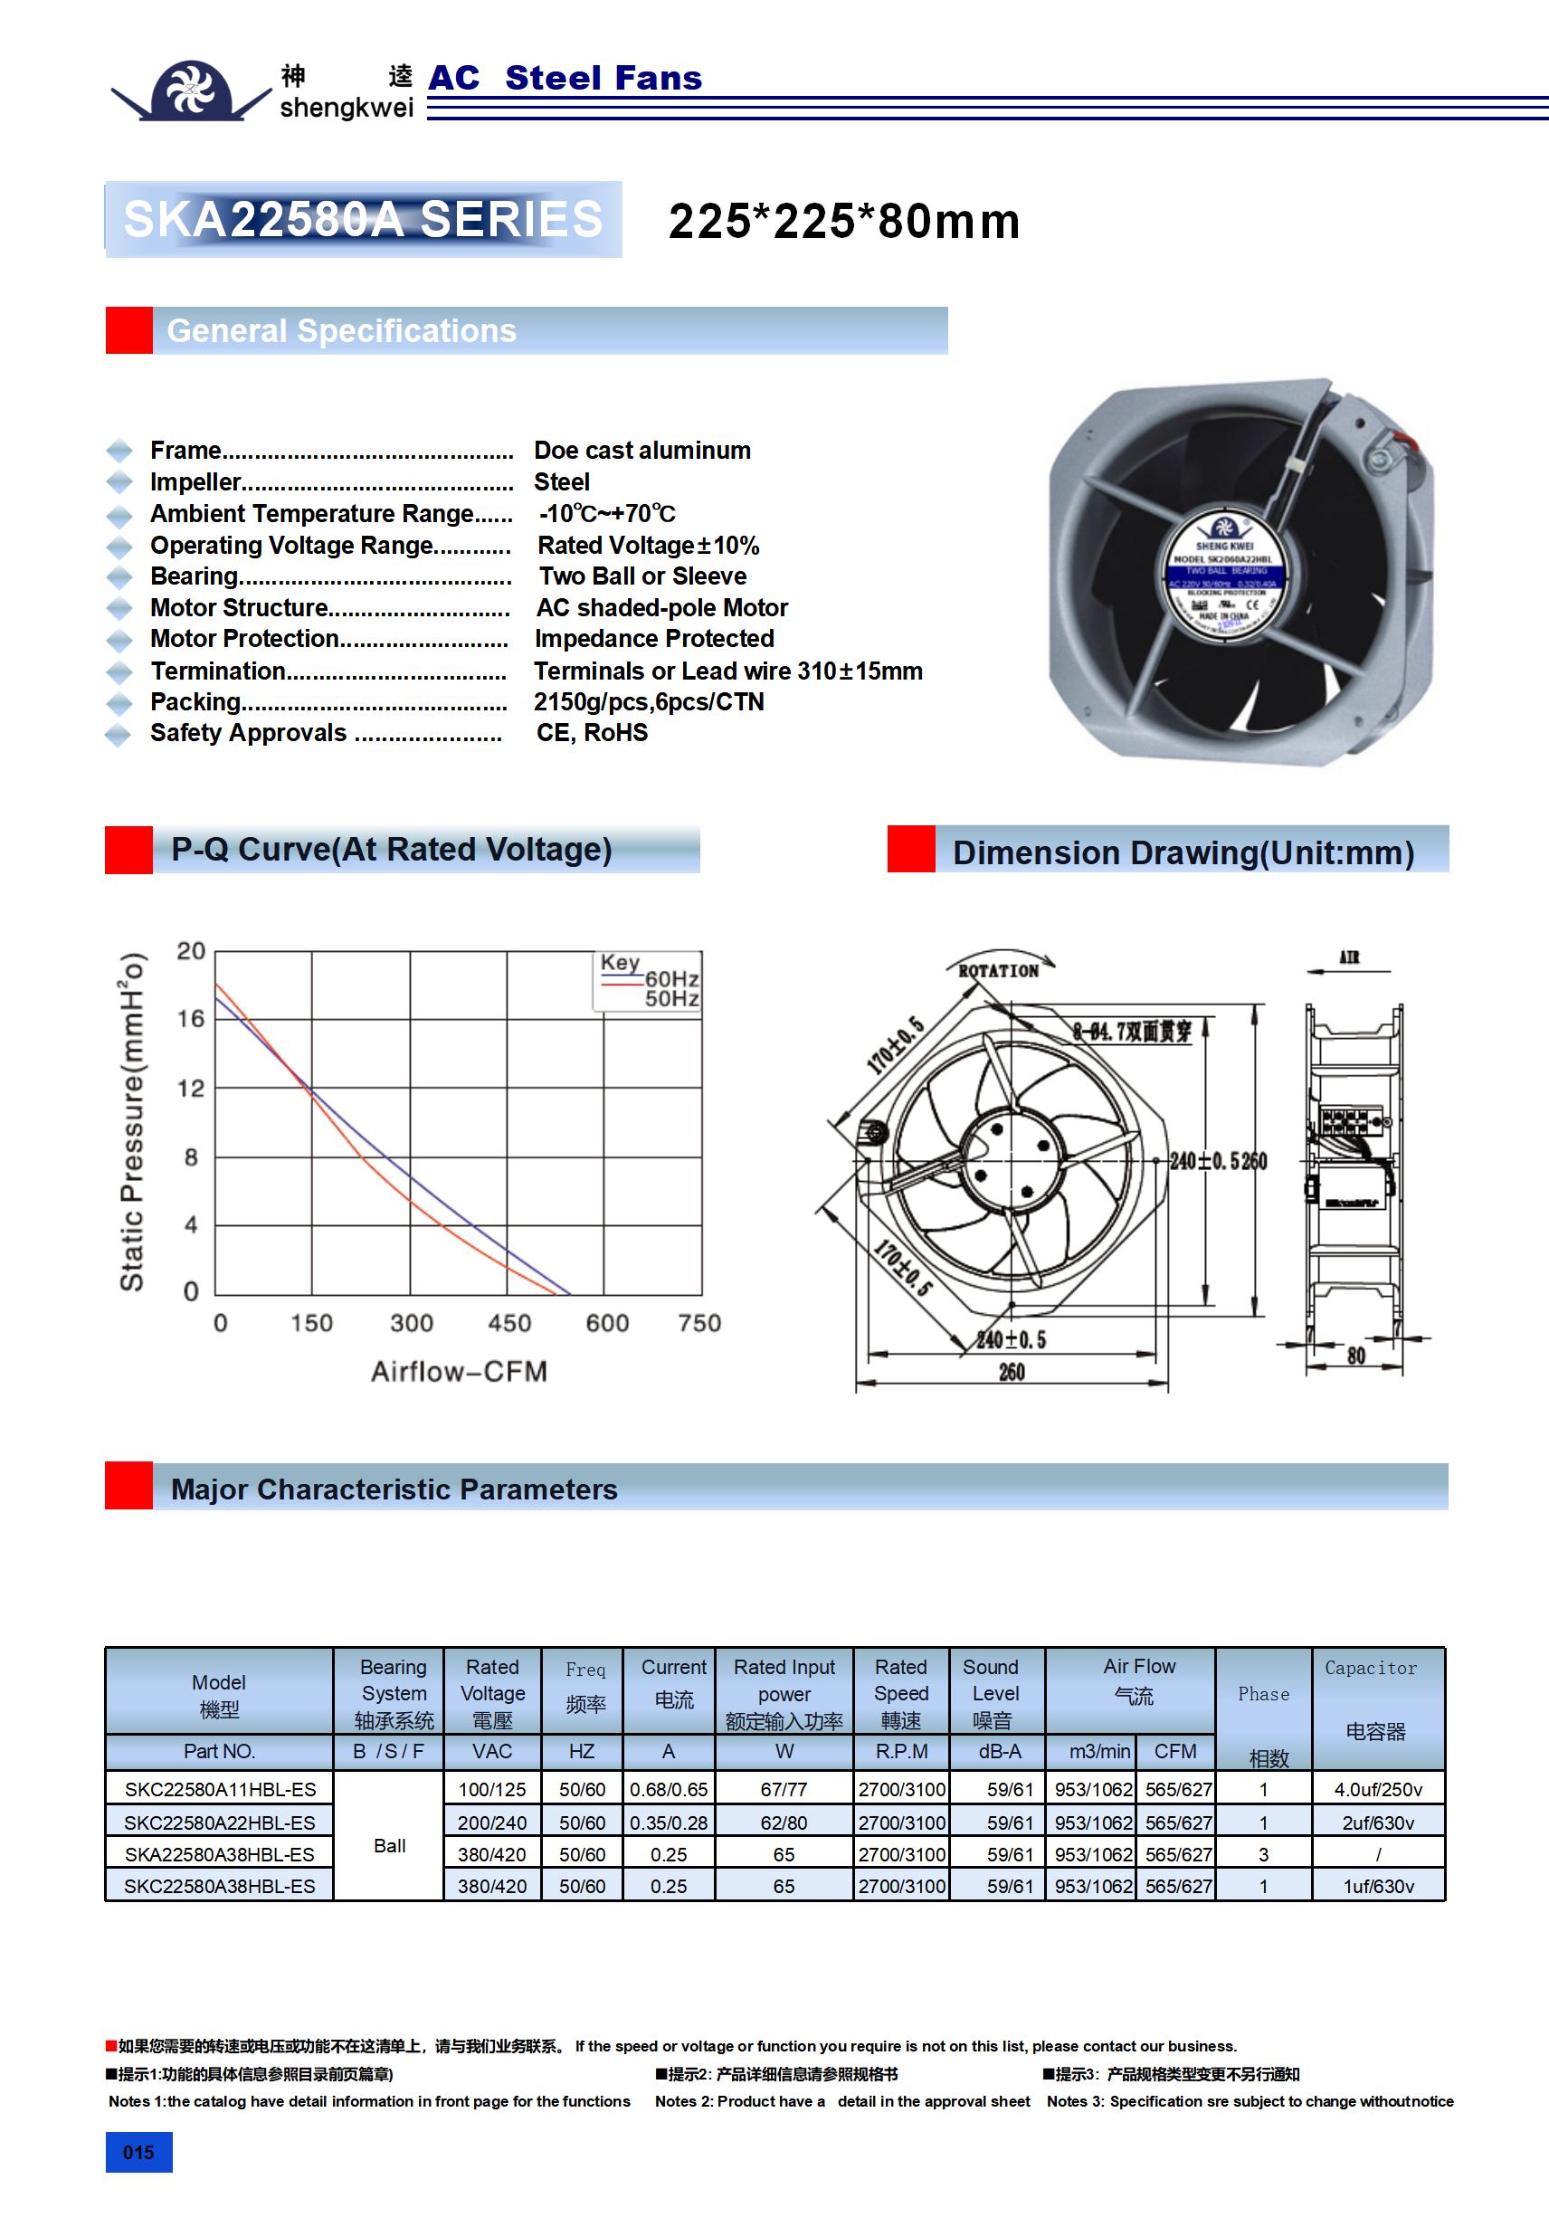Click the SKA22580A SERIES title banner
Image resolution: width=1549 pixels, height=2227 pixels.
363,219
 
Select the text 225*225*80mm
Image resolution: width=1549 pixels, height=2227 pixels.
844,221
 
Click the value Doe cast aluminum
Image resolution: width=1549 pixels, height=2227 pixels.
642,450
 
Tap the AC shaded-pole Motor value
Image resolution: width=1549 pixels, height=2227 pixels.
662,608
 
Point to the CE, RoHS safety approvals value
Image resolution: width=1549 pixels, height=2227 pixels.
592,733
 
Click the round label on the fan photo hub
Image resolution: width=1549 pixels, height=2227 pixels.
1224,578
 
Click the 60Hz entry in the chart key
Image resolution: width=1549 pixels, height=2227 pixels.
671,979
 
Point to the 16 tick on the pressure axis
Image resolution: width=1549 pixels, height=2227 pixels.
191,1018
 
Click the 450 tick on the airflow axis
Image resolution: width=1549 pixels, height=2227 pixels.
509,1323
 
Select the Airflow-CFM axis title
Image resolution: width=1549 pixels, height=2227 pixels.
459,1372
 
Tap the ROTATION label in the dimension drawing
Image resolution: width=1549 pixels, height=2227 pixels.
998,971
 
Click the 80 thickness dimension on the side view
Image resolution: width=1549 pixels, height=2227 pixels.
1356,1355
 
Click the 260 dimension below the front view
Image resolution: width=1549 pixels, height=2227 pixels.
1012,1372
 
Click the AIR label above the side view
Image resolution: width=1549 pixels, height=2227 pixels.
1349,957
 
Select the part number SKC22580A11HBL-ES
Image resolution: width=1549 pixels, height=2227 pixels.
220,1790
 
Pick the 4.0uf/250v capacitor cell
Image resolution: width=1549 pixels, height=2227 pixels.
1377,1790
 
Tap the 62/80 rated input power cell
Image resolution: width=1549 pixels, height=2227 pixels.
784,1823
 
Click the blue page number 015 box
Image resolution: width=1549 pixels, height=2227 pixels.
138,2152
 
